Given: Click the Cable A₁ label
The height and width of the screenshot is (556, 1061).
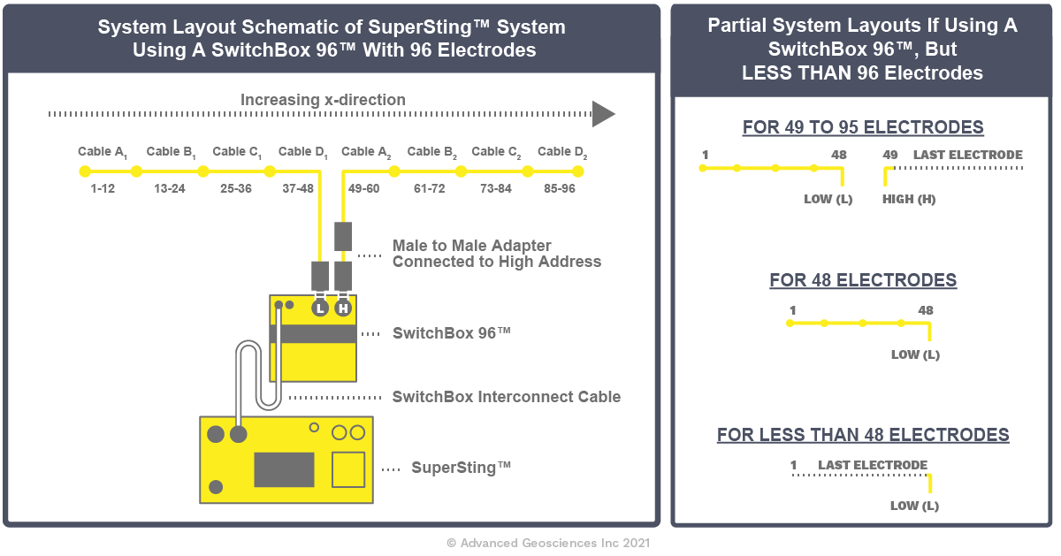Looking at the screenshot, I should [x=103, y=152].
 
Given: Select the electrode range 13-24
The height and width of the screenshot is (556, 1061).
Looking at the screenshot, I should [x=169, y=188].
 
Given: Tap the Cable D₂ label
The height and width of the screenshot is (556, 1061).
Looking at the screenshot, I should [x=562, y=152].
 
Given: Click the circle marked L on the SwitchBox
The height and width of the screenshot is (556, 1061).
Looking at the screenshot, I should [x=320, y=308].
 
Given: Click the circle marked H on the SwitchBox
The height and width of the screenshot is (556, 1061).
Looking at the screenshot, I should [x=343, y=308].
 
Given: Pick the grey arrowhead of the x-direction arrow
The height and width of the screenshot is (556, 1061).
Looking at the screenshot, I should [x=603, y=114].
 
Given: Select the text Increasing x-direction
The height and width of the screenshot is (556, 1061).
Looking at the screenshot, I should [x=323, y=100].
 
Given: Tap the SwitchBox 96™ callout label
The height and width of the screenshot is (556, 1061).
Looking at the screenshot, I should [x=452, y=333].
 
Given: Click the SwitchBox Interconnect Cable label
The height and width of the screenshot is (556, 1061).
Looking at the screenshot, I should [x=506, y=397].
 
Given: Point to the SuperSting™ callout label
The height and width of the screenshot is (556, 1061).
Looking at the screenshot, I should [x=461, y=468].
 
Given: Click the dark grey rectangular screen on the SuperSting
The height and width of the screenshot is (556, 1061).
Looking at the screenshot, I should [x=284, y=469].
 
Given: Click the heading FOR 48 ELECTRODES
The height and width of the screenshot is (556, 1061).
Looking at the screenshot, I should [x=863, y=281].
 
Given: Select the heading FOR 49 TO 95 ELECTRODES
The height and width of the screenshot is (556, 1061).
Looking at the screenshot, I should [x=863, y=127].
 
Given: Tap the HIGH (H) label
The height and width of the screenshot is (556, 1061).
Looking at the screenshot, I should [x=909, y=200].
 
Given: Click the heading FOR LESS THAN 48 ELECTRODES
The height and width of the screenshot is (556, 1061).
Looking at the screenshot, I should [x=863, y=435].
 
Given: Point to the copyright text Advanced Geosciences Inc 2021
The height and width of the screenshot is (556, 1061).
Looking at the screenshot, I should [x=548, y=543].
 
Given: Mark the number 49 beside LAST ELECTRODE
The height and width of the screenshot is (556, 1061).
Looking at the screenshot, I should [x=890, y=156].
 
